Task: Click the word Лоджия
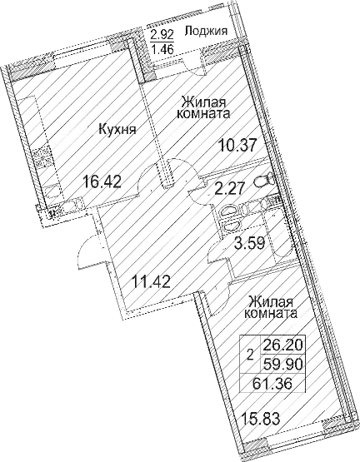click(x=206, y=32)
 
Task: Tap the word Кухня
click(x=117, y=128)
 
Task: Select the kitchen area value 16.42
click(x=102, y=181)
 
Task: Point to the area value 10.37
click(x=237, y=146)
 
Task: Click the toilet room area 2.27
click(x=229, y=188)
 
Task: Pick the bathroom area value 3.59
click(x=248, y=243)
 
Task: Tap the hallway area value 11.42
click(x=152, y=281)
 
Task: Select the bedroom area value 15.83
click(x=260, y=419)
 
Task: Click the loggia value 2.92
click(x=162, y=35)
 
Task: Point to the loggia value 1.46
click(x=162, y=48)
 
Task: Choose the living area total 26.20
click(x=282, y=345)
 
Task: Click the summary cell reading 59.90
click(x=282, y=365)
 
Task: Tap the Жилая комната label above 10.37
click(x=203, y=107)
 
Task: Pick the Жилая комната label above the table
click(x=270, y=308)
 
